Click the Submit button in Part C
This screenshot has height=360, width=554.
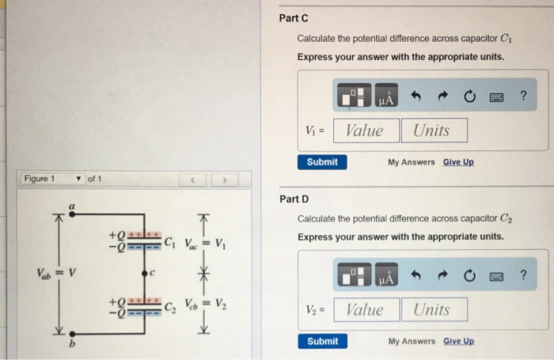click(x=321, y=161)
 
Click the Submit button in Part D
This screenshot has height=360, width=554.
click(x=321, y=341)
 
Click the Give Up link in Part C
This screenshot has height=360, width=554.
click(x=458, y=162)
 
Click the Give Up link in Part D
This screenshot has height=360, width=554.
click(x=458, y=342)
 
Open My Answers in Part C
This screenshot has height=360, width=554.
click(x=411, y=162)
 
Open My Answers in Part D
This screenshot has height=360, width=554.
click(x=411, y=342)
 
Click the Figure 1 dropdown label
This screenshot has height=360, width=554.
click(x=40, y=179)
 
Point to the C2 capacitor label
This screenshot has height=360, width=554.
click(x=169, y=307)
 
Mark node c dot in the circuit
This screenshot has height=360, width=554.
click(x=143, y=275)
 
